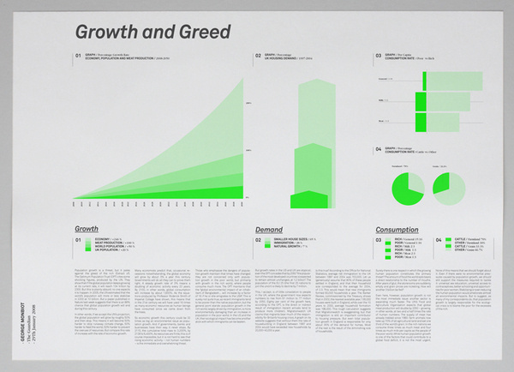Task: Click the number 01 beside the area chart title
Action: tap(79, 55)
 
